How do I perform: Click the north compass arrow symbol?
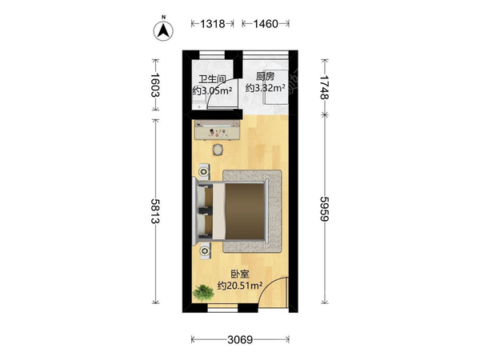coord(163,30)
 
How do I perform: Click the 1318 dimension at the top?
coord(213,23)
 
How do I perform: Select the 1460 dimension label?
coord(266,23)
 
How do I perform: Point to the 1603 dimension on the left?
coord(155,85)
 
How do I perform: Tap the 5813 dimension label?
coord(155,211)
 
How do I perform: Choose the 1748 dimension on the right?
coord(325,87)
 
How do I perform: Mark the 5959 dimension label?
coord(325,209)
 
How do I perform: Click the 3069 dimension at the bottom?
coord(240,339)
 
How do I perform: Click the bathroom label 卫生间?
coord(212,79)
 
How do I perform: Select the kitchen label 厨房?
coord(265,77)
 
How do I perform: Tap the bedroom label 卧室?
coord(240,274)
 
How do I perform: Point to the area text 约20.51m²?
coord(240,286)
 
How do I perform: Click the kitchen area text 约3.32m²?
coord(265,88)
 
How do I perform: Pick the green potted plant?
coord(203,293)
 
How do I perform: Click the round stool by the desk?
coord(218,150)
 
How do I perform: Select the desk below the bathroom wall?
coord(218,130)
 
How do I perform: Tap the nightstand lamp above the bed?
coord(204,171)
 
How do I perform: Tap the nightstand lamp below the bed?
coord(205,251)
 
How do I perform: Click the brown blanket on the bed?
coord(244,211)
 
